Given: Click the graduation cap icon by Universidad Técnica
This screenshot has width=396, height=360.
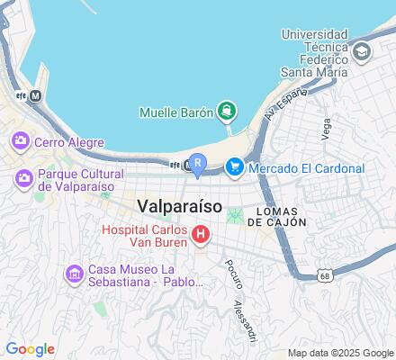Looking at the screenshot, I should click(x=362, y=52).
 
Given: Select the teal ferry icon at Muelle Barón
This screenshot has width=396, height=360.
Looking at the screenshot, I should click(x=227, y=112).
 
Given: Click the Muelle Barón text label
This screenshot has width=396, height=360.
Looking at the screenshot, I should click(x=176, y=112).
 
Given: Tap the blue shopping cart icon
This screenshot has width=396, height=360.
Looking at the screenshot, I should click(x=235, y=167).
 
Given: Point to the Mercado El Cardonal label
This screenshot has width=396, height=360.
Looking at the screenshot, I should click(x=306, y=168).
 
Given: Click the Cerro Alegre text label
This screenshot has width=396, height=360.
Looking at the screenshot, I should click(x=69, y=142).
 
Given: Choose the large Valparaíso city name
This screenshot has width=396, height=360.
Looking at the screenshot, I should click(x=180, y=205).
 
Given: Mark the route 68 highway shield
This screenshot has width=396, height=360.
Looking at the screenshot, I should click(x=323, y=277).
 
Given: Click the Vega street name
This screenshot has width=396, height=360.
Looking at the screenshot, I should click(x=326, y=131).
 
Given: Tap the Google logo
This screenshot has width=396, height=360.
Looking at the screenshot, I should click(x=30, y=349).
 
